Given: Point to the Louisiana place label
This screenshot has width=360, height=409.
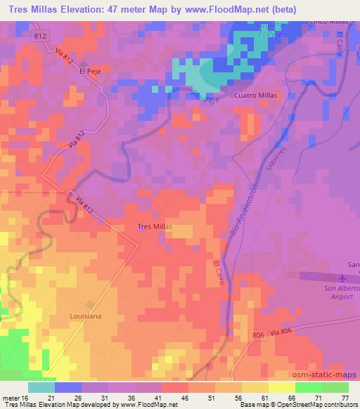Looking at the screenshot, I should (x=85, y=316).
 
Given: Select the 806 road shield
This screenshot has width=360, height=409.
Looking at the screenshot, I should (x=258, y=337).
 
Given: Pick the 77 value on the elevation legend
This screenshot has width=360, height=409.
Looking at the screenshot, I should (x=343, y=397).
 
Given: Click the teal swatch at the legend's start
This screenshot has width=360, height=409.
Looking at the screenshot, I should (x=41, y=387).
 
